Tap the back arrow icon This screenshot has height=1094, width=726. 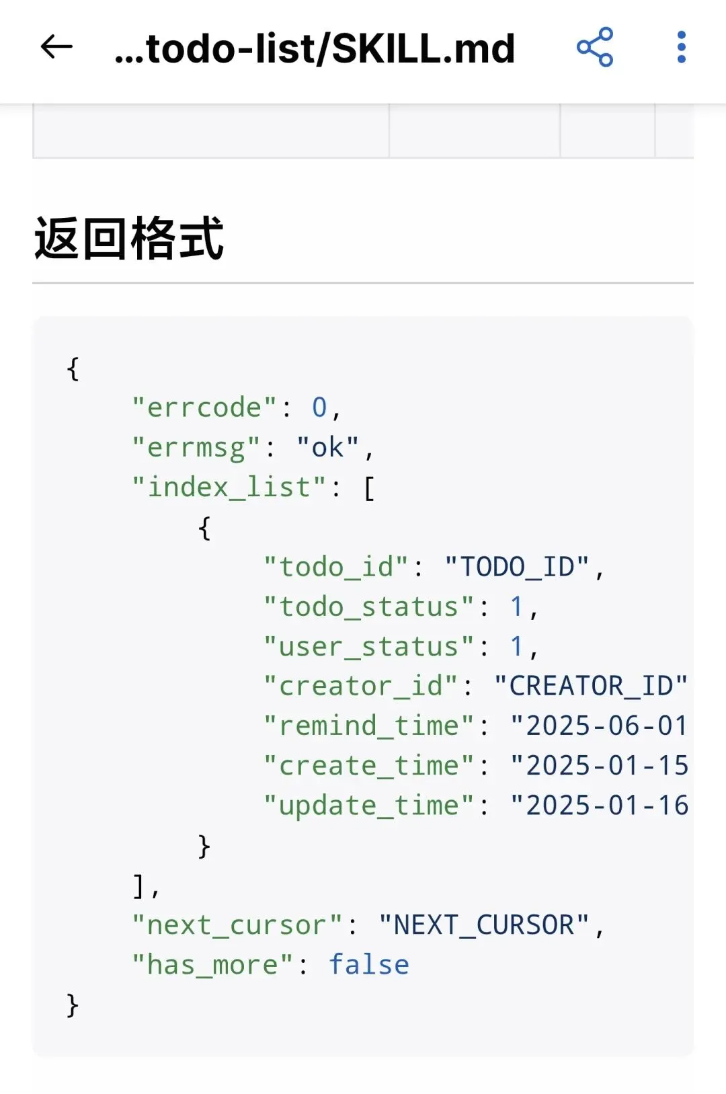click(x=56, y=47)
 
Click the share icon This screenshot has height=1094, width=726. click(x=595, y=47)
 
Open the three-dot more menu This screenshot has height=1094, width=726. click(x=681, y=47)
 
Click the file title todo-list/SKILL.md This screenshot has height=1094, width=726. click(x=315, y=48)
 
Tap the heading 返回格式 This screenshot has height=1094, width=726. click(x=129, y=239)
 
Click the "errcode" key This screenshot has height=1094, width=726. click(x=204, y=407)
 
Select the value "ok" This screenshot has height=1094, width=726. click(x=328, y=447)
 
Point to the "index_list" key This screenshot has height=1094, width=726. click(x=229, y=487)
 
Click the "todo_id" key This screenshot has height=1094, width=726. click(x=335, y=567)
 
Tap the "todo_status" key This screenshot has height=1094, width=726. click(x=368, y=607)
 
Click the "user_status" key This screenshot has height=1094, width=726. click(x=368, y=646)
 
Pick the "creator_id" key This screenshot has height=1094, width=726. click(x=360, y=686)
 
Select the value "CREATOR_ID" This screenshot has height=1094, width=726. click(x=591, y=686)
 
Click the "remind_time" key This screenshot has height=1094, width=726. click(x=368, y=726)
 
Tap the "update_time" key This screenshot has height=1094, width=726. click(x=368, y=805)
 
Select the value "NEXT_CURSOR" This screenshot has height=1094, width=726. click(x=484, y=925)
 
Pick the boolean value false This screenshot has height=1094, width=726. click(x=368, y=965)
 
